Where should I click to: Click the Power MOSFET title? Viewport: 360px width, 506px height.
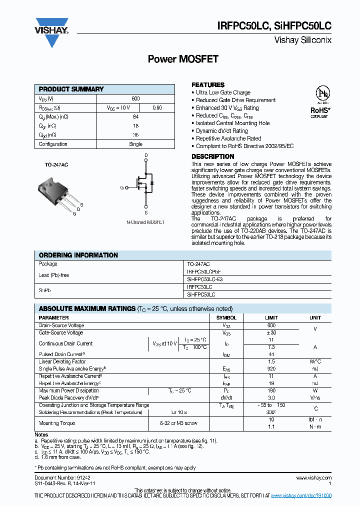[183, 59]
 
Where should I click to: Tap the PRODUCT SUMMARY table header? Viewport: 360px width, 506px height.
[71, 89]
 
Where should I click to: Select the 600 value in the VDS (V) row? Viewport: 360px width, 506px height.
[135, 98]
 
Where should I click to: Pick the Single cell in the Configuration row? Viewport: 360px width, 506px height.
[135, 144]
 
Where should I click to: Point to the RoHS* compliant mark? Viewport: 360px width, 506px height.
[320, 111]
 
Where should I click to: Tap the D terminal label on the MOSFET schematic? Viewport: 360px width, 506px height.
[146, 156]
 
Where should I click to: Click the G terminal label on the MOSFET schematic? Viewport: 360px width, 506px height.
[121, 187]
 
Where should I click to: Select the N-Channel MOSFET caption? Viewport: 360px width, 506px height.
[145, 222]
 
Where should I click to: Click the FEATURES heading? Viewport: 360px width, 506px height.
[208, 85]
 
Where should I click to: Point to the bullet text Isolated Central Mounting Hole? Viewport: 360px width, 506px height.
[232, 123]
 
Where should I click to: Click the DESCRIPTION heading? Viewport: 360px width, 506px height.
[212, 156]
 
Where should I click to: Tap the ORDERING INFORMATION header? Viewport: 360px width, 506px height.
[78, 255]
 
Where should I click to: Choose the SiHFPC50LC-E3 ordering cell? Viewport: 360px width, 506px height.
[204, 280]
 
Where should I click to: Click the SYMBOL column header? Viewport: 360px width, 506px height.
[226, 317]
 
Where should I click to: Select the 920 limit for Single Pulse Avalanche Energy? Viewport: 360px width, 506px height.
[271, 368]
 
